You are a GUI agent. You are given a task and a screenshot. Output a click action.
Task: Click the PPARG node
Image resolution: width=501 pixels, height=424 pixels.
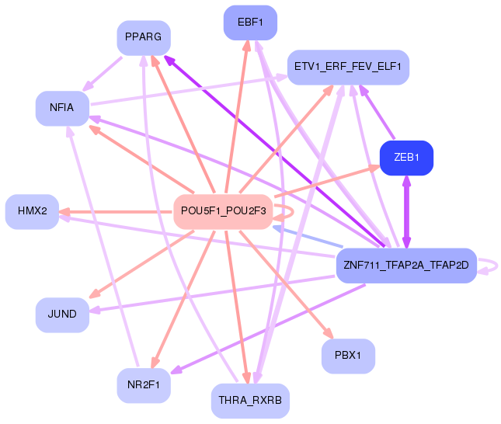pyautogui.click(x=144, y=37)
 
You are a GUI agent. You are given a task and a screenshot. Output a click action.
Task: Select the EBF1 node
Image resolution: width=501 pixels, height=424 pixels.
pyautogui.click(x=250, y=22)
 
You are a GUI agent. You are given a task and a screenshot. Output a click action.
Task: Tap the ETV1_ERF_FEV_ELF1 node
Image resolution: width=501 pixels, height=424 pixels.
pyautogui.click(x=347, y=67)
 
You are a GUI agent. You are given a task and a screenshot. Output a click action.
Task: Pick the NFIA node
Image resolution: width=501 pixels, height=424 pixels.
pyautogui.click(x=61, y=108)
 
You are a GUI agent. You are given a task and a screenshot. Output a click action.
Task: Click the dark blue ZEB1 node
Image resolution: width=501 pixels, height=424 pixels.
pyautogui.click(x=406, y=158)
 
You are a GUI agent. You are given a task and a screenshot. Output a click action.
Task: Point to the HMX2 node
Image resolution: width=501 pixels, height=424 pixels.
pyautogui.click(x=32, y=211)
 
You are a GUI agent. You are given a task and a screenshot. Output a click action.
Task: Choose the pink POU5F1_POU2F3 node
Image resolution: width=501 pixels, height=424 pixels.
pyautogui.click(x=223, y=211)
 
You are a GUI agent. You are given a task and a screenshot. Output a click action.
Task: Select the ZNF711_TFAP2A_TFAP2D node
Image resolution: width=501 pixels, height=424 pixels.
pyautogui.click(x=405, y=266)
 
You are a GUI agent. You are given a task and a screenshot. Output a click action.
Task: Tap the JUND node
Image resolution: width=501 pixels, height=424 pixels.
pyautogui.click(x=62, y=315)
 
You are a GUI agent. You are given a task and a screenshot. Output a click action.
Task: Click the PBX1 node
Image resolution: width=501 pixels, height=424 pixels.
pyautogui.click(x=348, y=356)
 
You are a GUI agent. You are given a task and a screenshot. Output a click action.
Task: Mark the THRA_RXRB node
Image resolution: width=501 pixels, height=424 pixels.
pyautogui.click(x=250, y=401)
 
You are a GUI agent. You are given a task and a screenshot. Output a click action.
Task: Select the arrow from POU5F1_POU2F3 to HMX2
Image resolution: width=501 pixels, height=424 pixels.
pyautogui.click(x=117, y=211)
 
